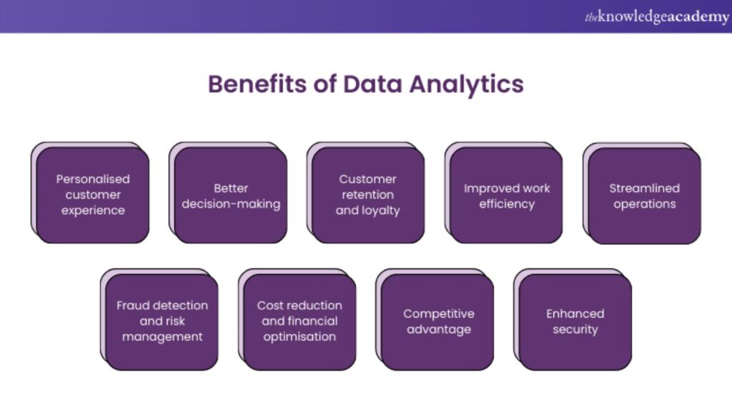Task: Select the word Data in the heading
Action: point(372,84)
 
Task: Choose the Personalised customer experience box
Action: point(92,195)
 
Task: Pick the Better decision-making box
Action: point(230,195)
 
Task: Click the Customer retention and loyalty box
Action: point(368,195)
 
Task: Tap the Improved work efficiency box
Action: point(506,195)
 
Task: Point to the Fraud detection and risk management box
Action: point(162,320)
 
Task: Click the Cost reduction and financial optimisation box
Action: point(300,320)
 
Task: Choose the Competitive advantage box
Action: point(437,321)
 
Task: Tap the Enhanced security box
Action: point(575,321)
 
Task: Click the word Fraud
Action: point(134,305)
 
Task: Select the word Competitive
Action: point(438,313)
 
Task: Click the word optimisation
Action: point(300,337)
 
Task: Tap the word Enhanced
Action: point(575,313)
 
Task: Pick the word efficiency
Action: point(507,204)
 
